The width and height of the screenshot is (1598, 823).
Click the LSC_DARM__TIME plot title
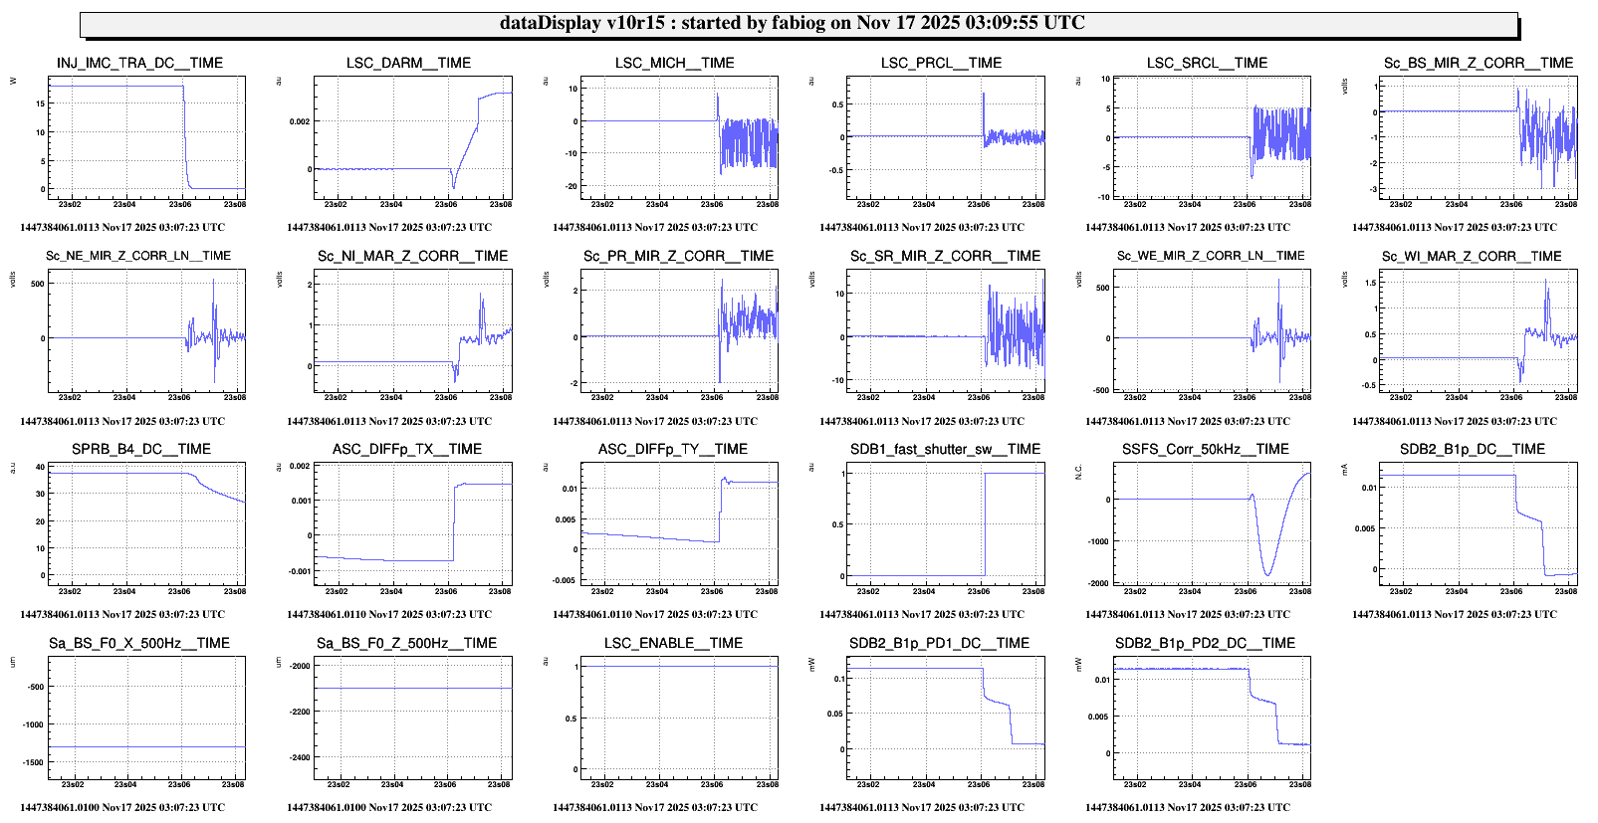408,63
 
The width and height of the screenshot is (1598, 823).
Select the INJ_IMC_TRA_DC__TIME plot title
139,63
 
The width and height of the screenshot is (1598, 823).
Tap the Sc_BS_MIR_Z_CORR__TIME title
1478,63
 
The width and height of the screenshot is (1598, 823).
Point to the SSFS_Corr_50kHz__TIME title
1205,449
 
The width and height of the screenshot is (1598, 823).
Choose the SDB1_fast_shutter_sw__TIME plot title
945,449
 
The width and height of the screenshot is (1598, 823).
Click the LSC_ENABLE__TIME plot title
673,643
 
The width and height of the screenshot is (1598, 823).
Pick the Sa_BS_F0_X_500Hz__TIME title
139,643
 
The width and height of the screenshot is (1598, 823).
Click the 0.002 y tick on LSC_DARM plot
300,121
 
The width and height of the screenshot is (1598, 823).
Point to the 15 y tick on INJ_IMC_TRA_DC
40,103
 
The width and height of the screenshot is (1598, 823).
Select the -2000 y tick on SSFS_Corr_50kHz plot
1098,583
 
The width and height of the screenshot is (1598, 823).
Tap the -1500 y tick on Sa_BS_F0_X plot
33,762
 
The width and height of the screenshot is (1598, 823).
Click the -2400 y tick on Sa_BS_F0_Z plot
300,757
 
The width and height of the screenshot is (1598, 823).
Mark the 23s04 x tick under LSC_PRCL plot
924,204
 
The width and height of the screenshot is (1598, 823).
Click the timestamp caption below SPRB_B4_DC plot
122,614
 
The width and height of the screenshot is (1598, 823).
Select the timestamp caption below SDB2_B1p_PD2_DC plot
1188,807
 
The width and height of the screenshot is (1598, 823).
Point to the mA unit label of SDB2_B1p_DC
1345,468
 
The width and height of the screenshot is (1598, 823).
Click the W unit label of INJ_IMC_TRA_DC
13,81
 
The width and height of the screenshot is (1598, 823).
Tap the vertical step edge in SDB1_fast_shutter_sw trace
985,524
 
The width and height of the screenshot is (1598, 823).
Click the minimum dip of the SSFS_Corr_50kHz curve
1267,574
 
